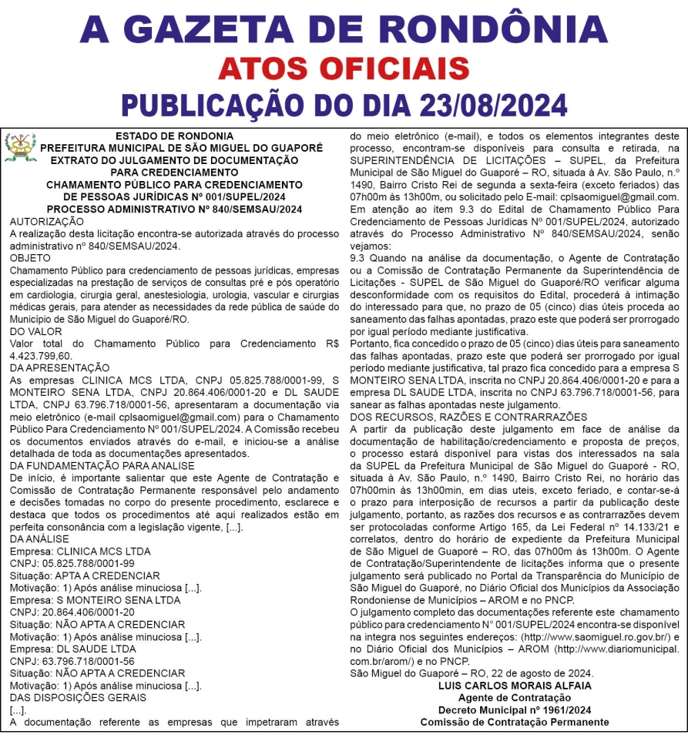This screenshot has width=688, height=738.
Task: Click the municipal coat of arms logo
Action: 20,147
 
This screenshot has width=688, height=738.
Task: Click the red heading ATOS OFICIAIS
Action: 344,68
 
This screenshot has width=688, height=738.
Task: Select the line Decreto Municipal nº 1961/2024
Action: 515,709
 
